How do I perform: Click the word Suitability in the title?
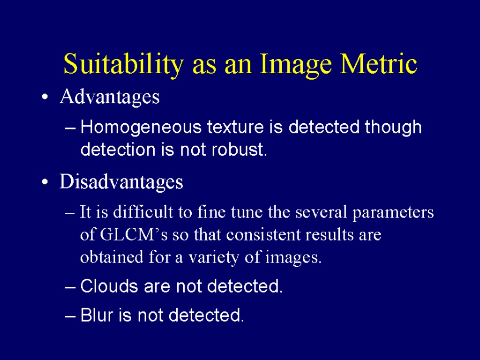click(124, 65)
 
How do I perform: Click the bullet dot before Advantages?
click(45, 97)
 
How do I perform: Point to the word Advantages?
click(110, 97)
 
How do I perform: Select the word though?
click(393, 127)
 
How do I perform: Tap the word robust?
click(240, 150)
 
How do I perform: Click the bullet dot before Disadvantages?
click(45, 182)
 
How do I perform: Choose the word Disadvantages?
click(121, 181)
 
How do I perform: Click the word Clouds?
click(109, 286)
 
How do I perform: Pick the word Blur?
click(97, 315)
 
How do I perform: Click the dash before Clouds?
click(70, 287)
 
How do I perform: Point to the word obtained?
click(112, 257)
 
